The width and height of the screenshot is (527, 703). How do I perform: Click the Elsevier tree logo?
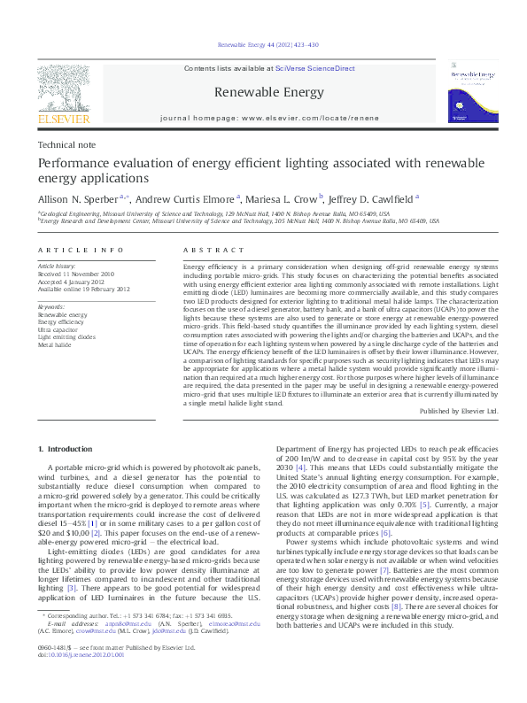tap(63, 89)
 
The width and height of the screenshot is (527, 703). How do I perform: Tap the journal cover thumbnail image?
tap(473, 91)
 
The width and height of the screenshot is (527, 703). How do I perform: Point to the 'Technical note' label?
tap(64, 145)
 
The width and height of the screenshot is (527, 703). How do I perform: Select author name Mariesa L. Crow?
tap(283, 200)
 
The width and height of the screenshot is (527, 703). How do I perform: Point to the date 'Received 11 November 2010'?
tap(77, 274)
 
